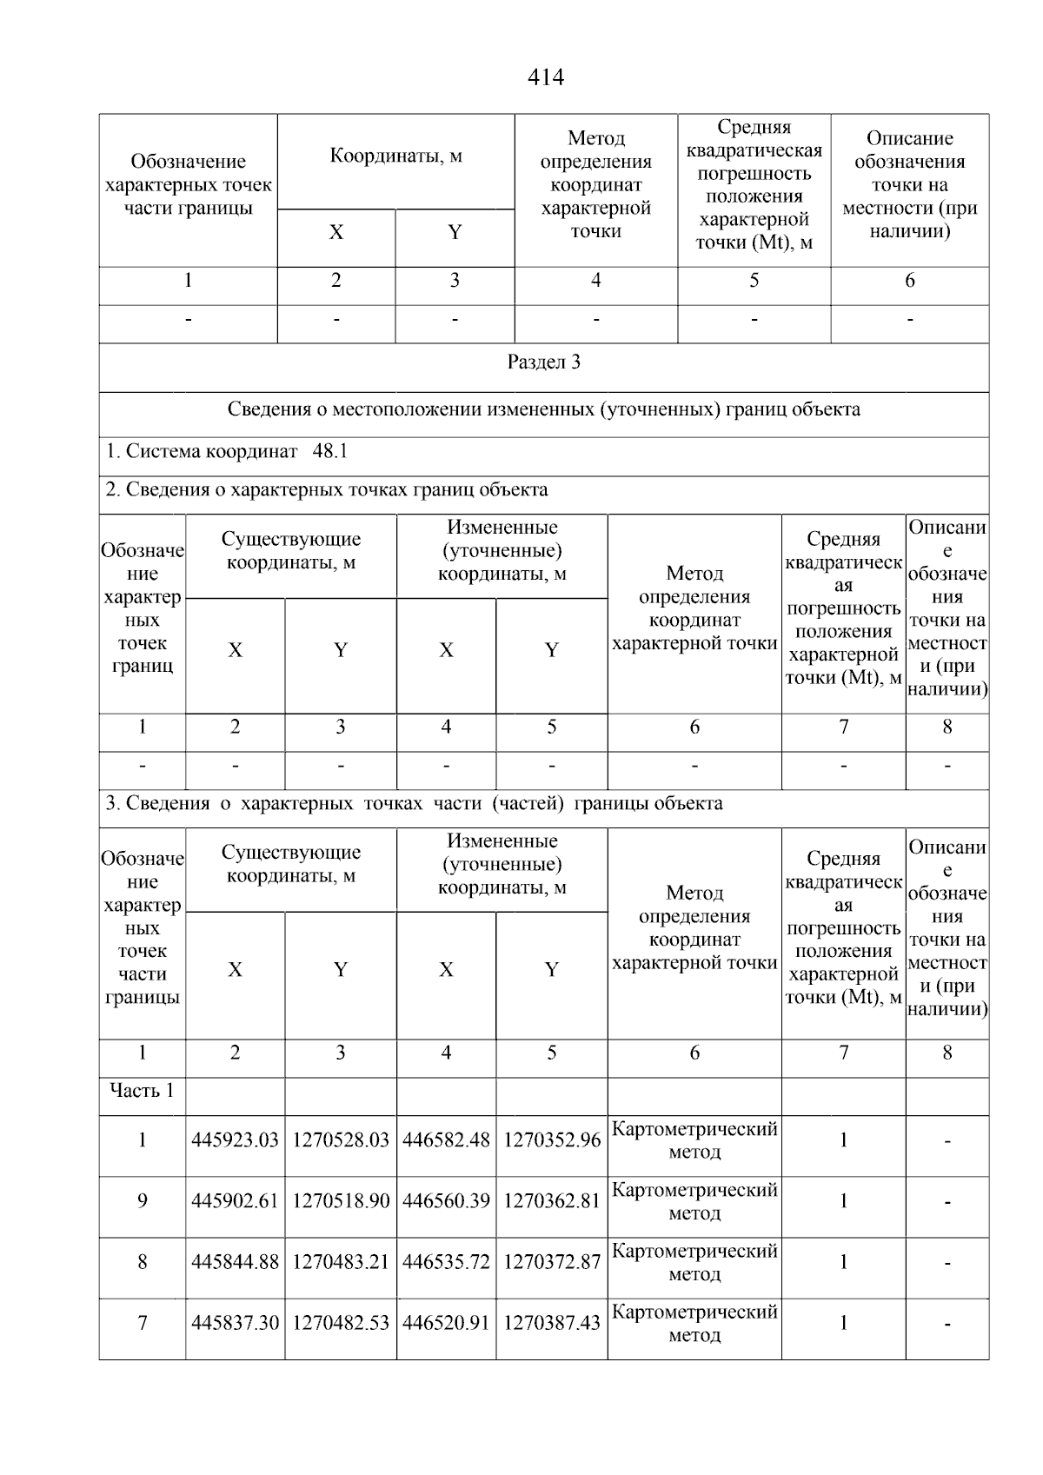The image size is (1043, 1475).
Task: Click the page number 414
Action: coord(545,78)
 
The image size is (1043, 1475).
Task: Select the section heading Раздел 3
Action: coord(543,363)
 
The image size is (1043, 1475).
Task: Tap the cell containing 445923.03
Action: coord(235,1140)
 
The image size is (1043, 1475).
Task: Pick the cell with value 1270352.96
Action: coord(552,1140)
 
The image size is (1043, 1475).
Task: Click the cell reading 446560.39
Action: coord(446,1201)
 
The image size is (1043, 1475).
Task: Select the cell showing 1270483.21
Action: coord(341,1262)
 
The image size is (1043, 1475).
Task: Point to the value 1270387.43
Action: coord(552,1323)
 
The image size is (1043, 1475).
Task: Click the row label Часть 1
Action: coord(142,1091)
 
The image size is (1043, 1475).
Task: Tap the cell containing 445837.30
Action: coord(235,1323)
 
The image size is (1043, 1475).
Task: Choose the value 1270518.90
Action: coord(341,1201)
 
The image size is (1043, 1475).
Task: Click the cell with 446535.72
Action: coord(446,1262)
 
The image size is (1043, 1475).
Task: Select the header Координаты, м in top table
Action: coord(395,156)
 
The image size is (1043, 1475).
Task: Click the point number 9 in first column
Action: coord(142,1201)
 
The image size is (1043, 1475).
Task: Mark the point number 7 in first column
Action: coord(142,1323)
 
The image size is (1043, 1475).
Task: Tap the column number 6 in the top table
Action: coord(909,281)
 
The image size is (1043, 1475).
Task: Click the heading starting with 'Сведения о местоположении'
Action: coord(543,410)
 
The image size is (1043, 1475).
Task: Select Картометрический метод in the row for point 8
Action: coord(694,1262)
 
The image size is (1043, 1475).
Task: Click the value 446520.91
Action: coord(446,1323)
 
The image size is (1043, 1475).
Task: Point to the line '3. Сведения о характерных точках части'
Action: coord(414,804)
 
